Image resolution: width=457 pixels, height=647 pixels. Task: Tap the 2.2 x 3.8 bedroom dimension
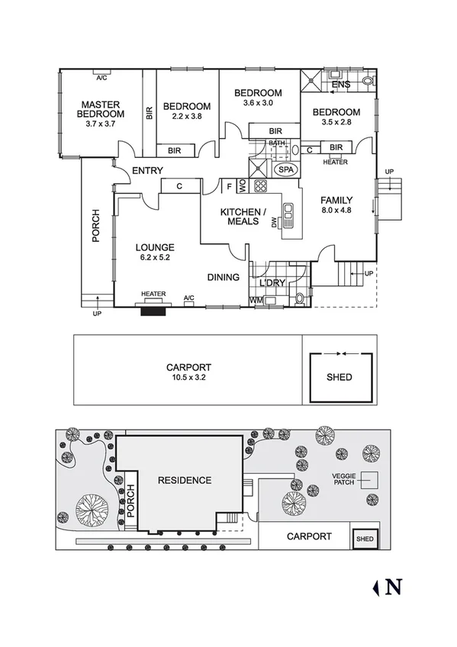186,117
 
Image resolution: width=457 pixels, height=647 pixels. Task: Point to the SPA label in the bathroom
286,169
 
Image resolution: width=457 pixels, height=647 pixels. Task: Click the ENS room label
341,85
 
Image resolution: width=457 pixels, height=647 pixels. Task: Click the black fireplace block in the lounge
153,309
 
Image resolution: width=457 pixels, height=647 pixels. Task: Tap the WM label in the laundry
256,301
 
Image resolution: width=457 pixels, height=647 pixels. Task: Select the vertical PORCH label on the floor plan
96,226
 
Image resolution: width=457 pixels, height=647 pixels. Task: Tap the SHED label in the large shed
339,377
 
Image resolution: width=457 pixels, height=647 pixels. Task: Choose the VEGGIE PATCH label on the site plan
343,480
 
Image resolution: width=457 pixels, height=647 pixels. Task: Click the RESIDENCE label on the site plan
184,480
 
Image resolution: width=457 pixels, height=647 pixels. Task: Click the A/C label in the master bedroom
101,78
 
